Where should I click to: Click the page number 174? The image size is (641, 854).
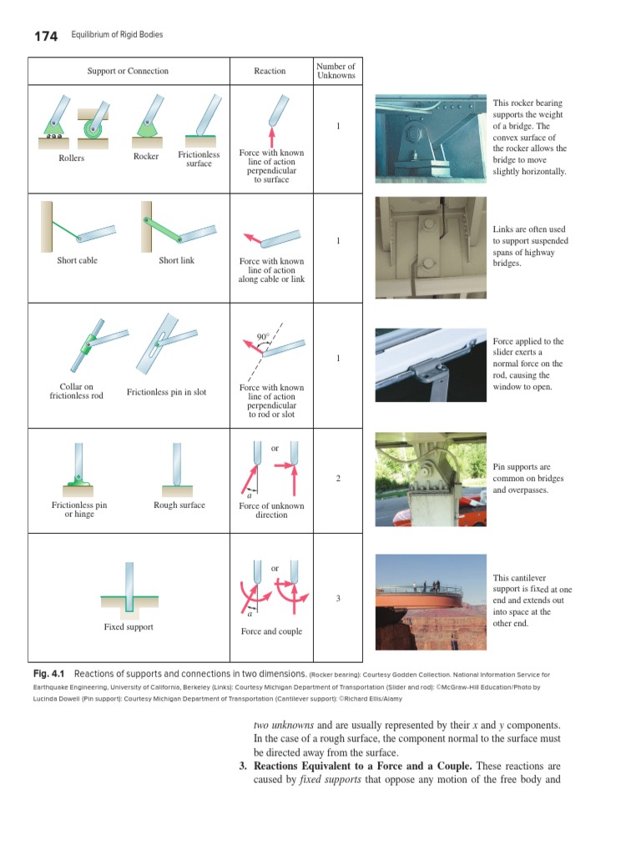45,36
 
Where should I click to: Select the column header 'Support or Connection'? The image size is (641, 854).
128,71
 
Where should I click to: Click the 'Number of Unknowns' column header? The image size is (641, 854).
336,71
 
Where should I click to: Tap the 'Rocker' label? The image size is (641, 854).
146,157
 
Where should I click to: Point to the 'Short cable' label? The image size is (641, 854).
77,260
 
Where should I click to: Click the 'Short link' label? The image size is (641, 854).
176,260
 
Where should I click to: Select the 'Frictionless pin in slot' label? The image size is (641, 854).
166,392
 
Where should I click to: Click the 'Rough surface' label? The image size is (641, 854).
179,505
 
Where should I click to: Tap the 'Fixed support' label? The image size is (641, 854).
128,626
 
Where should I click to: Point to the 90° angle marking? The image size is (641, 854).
262,337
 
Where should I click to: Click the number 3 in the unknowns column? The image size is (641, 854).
338,599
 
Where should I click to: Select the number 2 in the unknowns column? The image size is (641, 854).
338,479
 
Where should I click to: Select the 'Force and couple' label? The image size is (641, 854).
271,631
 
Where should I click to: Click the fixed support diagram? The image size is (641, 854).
128,588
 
